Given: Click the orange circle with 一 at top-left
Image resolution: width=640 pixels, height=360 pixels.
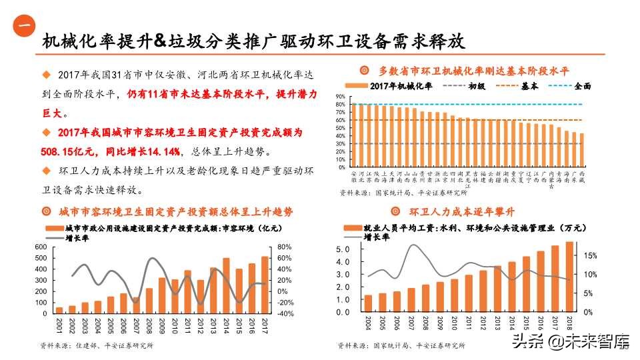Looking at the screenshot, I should tap(24, 26).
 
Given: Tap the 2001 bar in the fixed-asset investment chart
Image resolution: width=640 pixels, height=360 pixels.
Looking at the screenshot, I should tap(59, 309).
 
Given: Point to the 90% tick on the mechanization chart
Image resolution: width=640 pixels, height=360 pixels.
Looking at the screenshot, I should tap(340, 97).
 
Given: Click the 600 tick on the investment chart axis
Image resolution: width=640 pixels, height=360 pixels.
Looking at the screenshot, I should tap(39, 247).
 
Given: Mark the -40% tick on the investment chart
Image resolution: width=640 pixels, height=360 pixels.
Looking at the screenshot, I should tap(285, 313).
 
